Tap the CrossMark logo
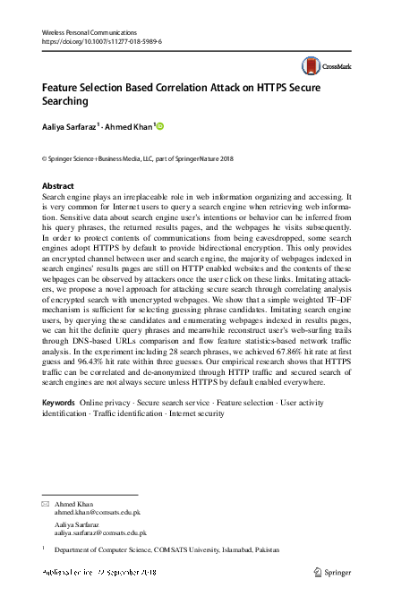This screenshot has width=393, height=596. (327, 66)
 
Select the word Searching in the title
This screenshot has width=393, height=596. (68, 103)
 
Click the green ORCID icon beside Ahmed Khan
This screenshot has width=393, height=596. (160, 127)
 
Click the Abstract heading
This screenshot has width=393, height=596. (58, 185)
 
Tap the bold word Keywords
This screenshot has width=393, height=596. (59, 404)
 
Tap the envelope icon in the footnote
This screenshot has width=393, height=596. (47, 505)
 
